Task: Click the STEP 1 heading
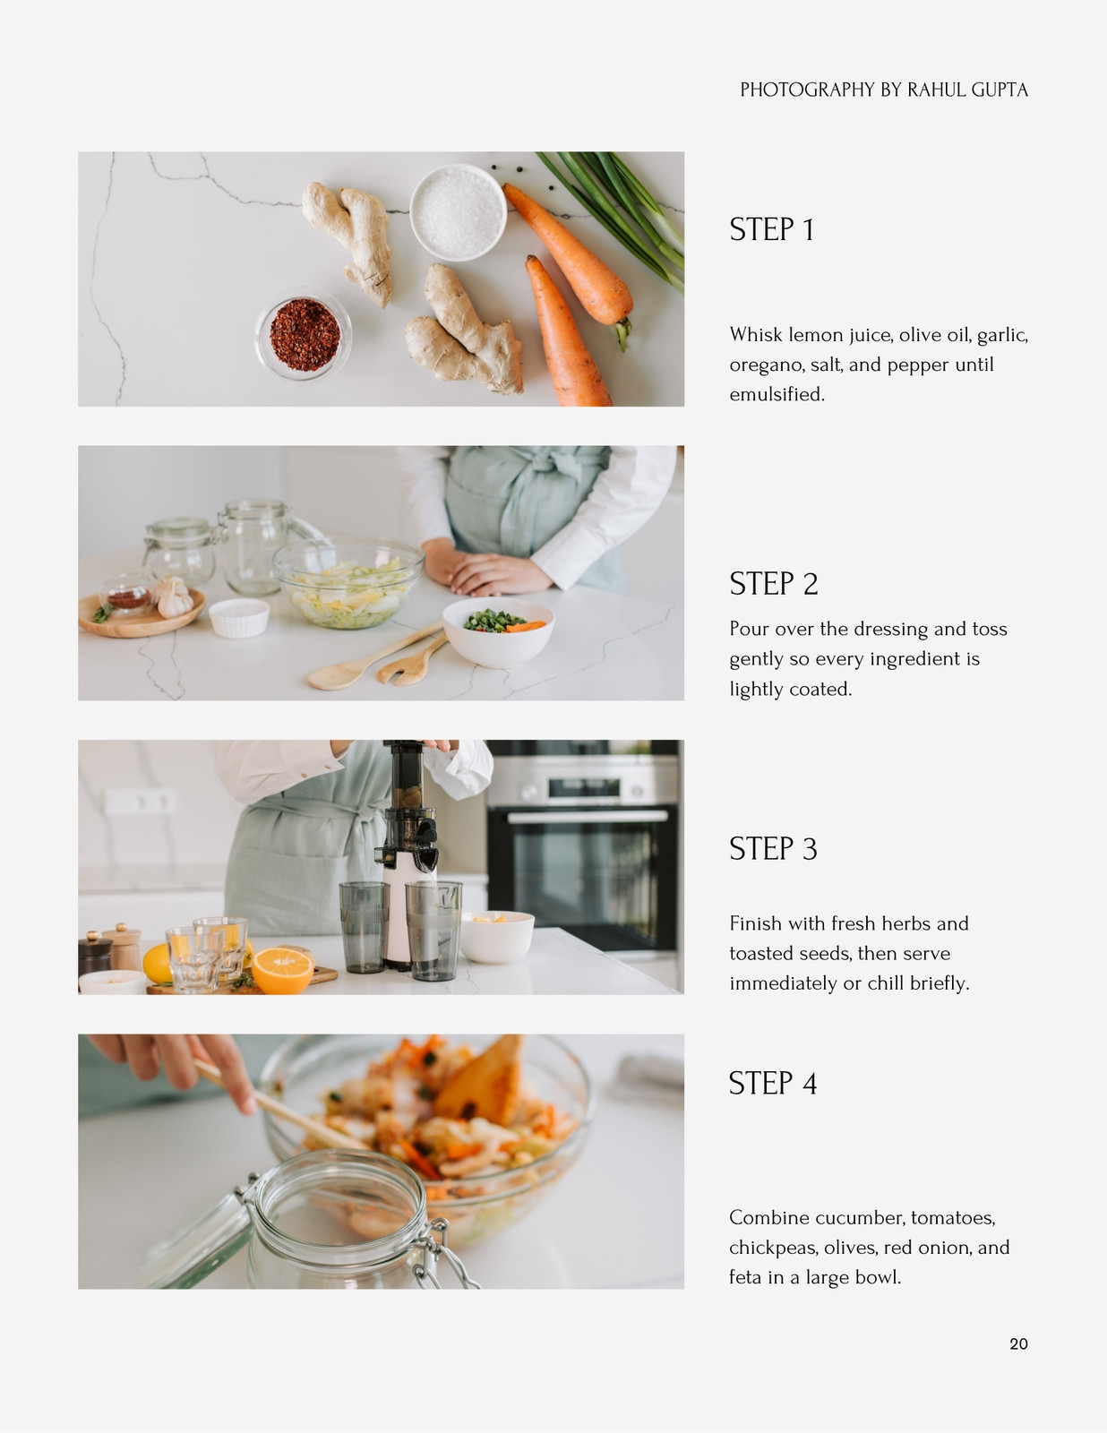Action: click(771, 229)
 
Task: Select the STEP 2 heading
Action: click(774, 584)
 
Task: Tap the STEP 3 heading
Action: click(774, 849)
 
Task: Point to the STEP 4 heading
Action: click(773, 1083)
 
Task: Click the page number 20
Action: click(1018, 1344)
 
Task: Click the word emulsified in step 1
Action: click(777, 394)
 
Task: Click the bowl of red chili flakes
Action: click(304, 334)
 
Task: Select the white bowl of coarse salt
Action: click(459, 212)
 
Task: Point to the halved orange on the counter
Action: click(282, 970)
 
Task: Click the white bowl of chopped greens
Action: click(498, 631)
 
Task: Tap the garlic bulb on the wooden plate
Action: click(174, 596)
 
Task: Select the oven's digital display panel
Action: click(583, 787)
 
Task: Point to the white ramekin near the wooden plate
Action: click(238, 618)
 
